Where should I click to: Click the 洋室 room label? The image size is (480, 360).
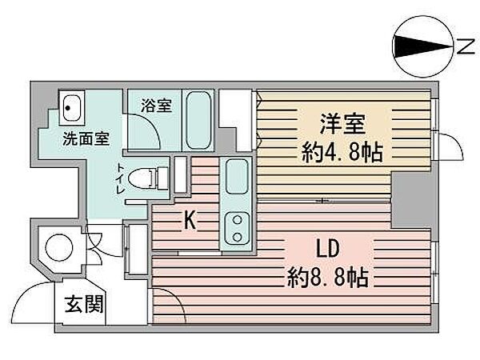click(342, 124)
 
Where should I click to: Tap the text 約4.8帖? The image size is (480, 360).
click(342, 152)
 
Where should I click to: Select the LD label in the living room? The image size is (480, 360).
click(327, 249)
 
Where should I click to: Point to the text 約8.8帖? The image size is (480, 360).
click(327, 277)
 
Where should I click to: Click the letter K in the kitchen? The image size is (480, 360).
click(190, 220)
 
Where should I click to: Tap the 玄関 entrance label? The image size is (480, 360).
click(84, 304)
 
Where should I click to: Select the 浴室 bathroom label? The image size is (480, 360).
click(156, 106)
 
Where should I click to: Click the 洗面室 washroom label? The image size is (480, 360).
click(86, 139)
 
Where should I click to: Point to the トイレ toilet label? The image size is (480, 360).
click(120, 178)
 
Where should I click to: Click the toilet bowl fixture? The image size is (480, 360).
click(147, 178)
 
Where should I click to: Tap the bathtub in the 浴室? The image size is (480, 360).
click(198, 120)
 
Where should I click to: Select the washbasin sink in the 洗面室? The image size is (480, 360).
click(72, 107)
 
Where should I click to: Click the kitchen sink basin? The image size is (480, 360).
click(237, 176)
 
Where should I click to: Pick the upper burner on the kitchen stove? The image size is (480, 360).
click(238, 220)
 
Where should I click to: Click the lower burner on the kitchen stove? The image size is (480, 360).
click(238, 236)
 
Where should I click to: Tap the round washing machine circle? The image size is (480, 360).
click(59, 248)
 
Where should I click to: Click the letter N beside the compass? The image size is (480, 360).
click(466, 47)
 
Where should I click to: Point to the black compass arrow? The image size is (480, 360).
click(423, 46)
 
